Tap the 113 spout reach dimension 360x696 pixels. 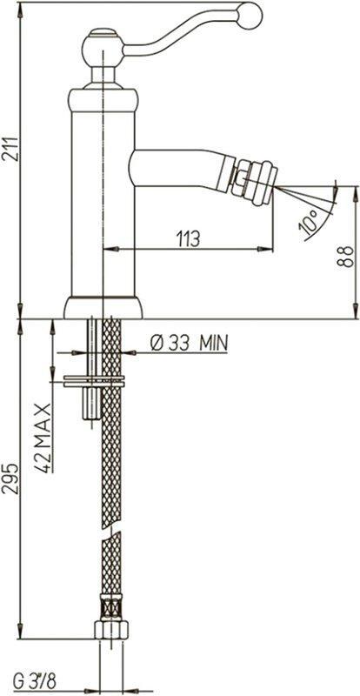188,239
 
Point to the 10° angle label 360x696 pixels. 310,222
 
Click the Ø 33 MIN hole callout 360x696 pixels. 189,343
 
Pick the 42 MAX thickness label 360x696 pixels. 43,432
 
